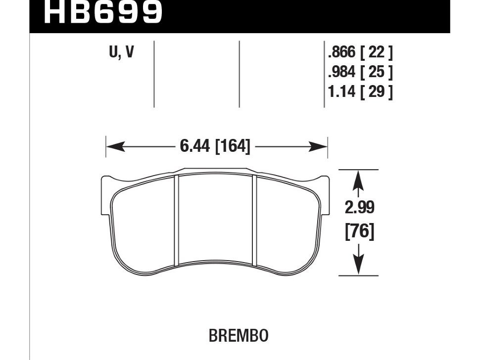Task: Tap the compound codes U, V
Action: [121, 52]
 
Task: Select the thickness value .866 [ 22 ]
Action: [360, 52]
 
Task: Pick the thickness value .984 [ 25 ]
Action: [360, 72]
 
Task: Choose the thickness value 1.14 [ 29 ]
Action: [360, 91]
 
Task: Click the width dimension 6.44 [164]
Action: [215, 146]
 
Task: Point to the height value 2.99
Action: [359, 208]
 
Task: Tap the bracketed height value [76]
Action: [359, 231]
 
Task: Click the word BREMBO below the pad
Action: [239, 336]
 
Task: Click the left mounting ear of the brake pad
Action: [105, 184]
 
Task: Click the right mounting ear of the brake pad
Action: [325, 184]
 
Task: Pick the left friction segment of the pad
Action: [144, 223]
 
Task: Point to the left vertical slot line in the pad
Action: [176, 220]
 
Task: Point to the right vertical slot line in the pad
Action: [255, 220]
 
